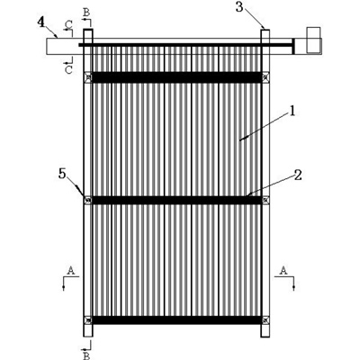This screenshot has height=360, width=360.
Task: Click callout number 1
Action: pos(292,112)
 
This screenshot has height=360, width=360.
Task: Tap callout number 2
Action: pos(298,175)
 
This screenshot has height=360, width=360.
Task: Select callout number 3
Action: pos(239,7)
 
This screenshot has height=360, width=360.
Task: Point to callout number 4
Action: pos(41,22)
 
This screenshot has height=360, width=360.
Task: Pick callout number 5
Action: pos(62,174)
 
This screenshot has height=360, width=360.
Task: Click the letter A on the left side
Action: pos(71,271)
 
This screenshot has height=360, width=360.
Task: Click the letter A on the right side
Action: pos(283,271)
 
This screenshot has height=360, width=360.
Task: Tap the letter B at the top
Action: pos(86,13)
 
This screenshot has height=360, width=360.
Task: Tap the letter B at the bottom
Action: pos(86,356)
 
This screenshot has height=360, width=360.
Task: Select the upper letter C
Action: pos(68,25)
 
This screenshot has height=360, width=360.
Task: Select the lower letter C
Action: pos(68,69)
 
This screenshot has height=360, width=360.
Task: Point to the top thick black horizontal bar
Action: pos(176,77)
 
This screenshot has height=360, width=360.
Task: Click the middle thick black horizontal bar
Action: pos(176,200)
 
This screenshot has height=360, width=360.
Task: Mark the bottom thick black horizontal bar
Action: pos(176,320)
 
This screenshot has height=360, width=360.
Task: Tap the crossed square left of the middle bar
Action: pos(88,200)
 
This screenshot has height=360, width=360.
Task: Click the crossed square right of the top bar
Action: pos(265,77)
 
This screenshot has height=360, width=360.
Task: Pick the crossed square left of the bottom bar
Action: pos(88,320)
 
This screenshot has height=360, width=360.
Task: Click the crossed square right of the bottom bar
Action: pos(265,320)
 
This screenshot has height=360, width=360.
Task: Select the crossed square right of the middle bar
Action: pos(265,200)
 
